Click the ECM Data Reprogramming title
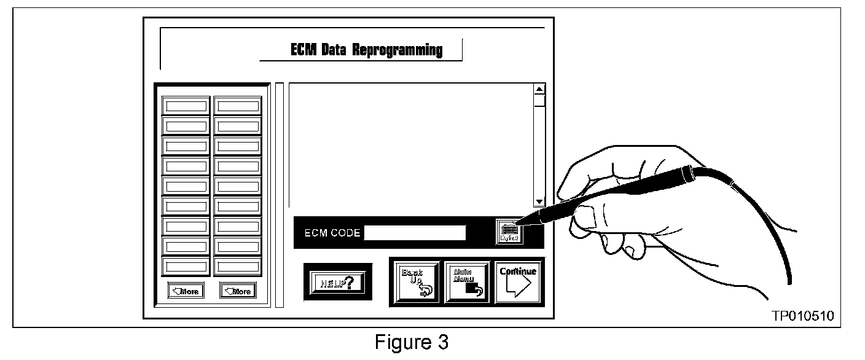[366, 50]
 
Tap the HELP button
[337, 282]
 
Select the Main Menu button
[466, 283]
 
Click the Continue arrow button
[517, 283]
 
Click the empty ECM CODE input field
[415, 233]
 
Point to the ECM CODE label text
[332, 233]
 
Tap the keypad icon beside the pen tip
[509, 231]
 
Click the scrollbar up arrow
[539, 89]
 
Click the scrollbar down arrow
[539, 201]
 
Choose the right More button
[238, 291]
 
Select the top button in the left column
[186, 106]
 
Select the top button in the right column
[238, 106]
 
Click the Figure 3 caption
[412, 342]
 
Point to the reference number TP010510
[803, 316]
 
